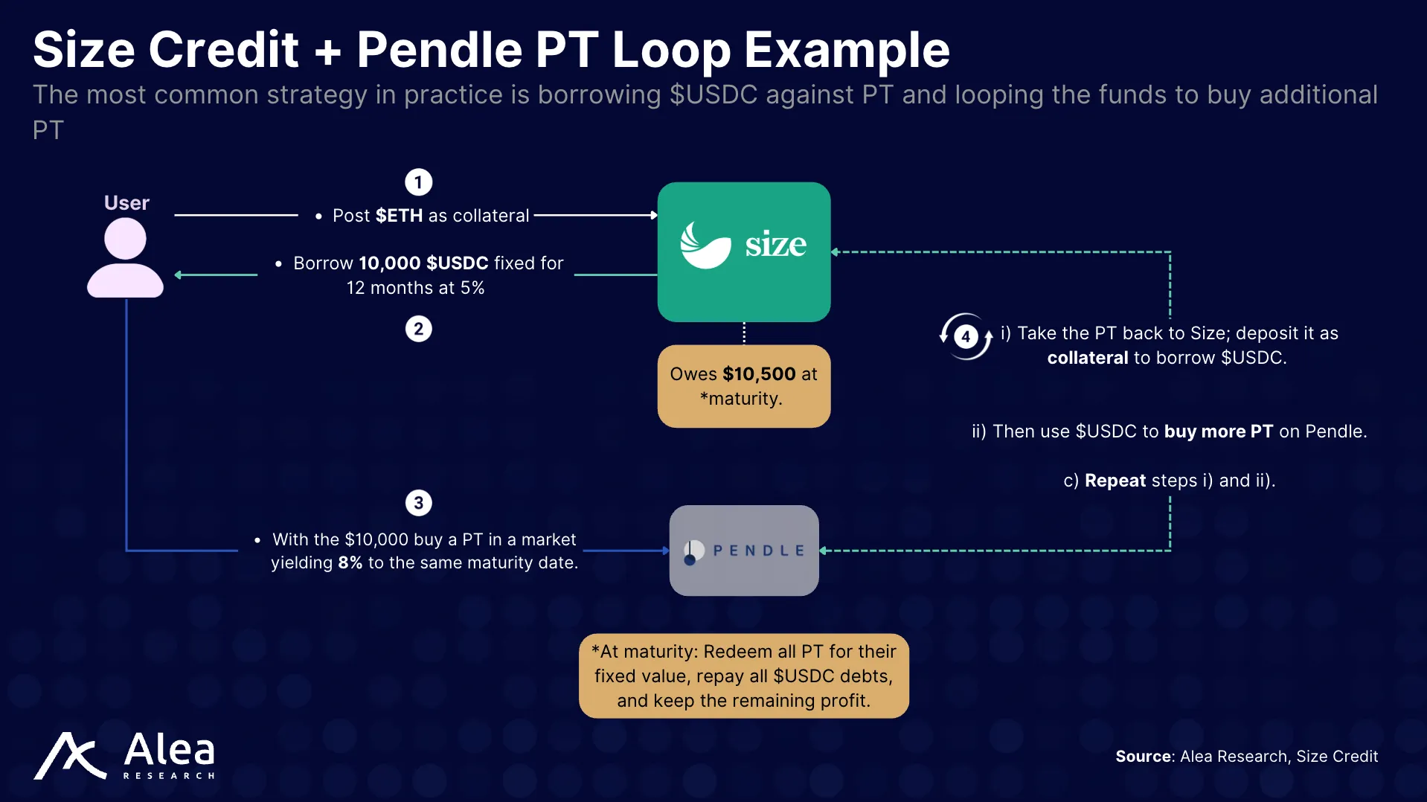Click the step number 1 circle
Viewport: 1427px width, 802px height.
(x=418, y=182)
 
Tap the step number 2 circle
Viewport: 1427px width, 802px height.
(x=418, y=329)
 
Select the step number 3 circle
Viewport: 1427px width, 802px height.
(x=418, y=503)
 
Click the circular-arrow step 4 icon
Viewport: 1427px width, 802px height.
(x=966, y=336)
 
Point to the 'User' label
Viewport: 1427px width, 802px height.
(x=126, y=203)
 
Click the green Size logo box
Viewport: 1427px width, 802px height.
(x=744, y=251)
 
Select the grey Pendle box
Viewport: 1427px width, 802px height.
(x=744, y=551)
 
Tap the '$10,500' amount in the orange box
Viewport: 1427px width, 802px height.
(x=759, y=374)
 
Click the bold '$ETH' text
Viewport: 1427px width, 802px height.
(x=399, y=216)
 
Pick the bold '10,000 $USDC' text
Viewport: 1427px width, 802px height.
(x=423, y=263)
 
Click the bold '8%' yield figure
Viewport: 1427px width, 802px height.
(x=350, y=563)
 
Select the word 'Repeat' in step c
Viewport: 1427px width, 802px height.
(x=1115, y=481)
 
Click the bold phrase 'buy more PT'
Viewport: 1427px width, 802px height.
(x=1218, y=432)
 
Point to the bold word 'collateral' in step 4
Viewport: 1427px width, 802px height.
(x=1088, y=358)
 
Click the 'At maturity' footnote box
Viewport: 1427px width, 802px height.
(x=744, y=676)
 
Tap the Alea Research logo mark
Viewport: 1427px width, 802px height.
(x=70, y=756)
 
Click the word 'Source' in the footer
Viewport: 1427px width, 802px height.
(x=1144, y=757)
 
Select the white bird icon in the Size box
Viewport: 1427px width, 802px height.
(x=705, y=246)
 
